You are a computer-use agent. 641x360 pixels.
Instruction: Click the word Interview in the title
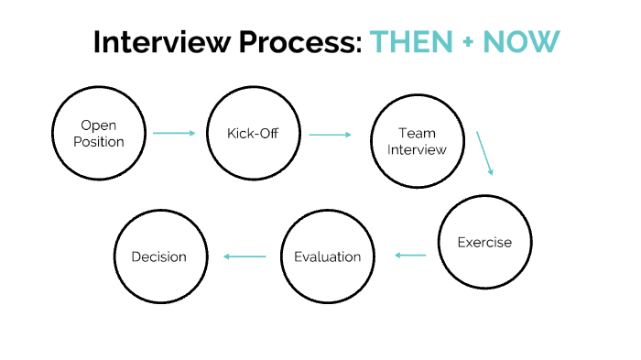point(151,43)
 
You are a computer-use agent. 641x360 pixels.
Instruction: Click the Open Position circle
point(100,134)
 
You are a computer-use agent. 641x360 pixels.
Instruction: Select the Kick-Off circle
point(253,134)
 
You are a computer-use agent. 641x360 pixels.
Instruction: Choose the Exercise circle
point(484,243)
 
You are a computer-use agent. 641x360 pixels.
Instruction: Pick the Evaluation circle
point(327,256)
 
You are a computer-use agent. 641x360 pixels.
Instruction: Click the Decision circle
point(158,256)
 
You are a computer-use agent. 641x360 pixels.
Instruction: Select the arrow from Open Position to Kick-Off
point(174,134)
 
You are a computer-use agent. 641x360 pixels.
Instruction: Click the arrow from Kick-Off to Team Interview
point(330,135)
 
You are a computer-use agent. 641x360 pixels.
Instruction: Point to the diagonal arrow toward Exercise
point(484,153)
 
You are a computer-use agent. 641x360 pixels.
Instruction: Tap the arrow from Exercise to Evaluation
point(410,256)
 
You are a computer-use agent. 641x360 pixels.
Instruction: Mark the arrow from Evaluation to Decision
point(245,256)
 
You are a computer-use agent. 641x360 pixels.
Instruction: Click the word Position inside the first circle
point(100,142)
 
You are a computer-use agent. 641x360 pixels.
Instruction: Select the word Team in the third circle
point(416,133)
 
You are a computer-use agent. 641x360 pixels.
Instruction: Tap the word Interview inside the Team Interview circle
point(416,148)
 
